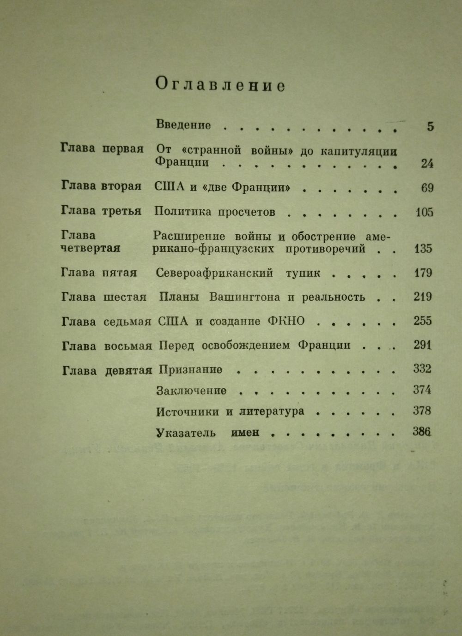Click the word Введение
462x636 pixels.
(x=183, y=125)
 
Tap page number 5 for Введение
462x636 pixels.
(x=431, y=126)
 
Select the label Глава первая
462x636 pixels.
(x=102, y=149)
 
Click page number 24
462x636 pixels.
(x=427, y=163)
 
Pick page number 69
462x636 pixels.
(x=427, y=188)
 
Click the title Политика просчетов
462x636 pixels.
(x=215, y=212)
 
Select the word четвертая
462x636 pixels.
(x=91, y=248)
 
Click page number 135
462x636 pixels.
(x=423, y=249)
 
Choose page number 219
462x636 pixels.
(x=423, y=297)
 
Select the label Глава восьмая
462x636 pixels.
(x=106, y=346)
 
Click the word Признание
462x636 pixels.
(x=190, y=369)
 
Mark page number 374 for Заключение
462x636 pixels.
(x=422, y=390)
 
